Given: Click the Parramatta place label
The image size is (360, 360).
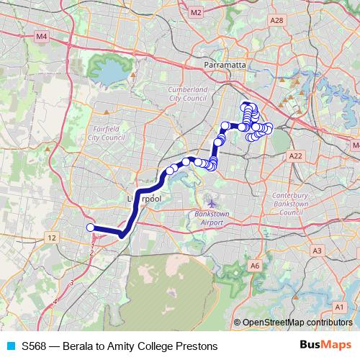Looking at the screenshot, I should point(225,65).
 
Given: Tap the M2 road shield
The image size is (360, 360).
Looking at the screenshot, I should point(196,12).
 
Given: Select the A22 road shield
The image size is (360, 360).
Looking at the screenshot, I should point(294,156).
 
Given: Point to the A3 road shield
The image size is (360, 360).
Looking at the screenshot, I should point(317,250).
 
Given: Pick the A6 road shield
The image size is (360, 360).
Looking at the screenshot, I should point(254,266).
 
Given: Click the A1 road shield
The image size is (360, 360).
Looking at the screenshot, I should point(338,307).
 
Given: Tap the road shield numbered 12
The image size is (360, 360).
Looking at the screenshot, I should point(51,237).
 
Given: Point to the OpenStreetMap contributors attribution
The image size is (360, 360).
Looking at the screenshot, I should point(297,323).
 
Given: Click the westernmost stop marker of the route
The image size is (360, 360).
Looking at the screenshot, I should point(91,228).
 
